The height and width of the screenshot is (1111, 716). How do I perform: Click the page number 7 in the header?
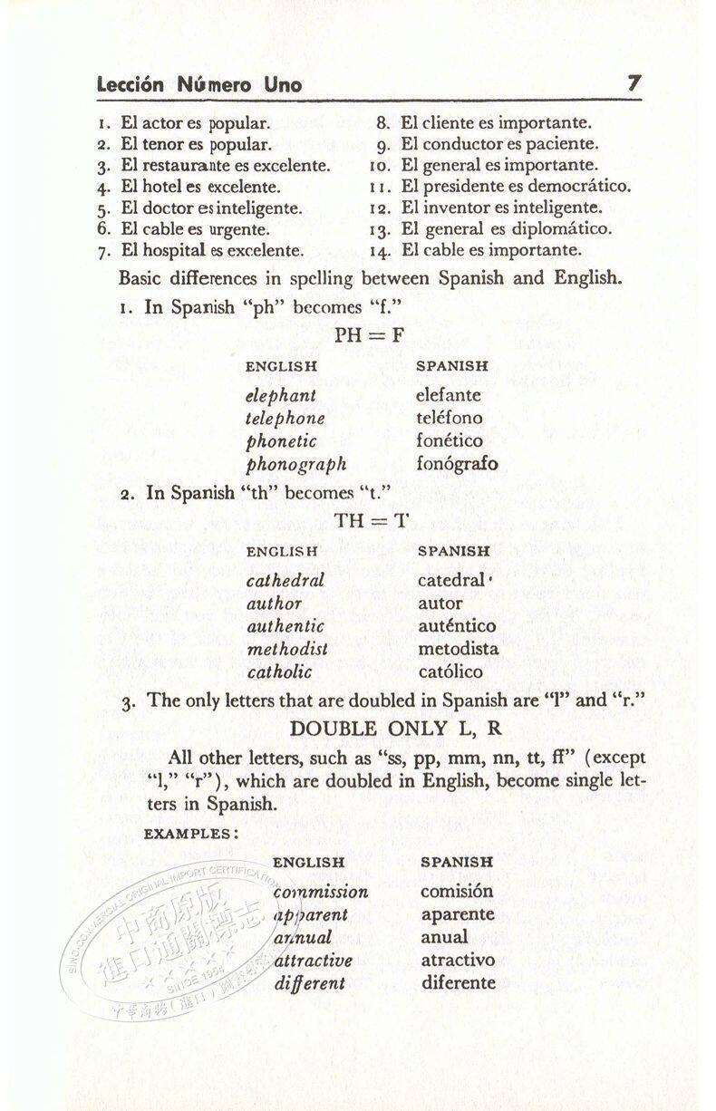pos(634,83)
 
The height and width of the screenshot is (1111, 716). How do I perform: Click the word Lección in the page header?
pos(131,85)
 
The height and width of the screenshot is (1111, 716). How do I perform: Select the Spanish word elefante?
pos(449,395)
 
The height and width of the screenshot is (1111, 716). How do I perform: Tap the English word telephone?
pos(285,419)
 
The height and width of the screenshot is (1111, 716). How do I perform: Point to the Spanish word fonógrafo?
pos(457,464)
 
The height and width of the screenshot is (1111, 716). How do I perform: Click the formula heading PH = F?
pos(370,335)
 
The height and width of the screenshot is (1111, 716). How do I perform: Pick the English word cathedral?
pos(285,580)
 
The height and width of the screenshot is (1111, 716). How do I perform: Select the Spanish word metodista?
pos(459,649)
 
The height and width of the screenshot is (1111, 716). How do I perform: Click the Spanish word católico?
pos(451,671)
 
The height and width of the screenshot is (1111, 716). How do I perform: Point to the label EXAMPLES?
pos(191,834)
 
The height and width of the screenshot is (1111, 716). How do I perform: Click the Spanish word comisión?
pos(457,892)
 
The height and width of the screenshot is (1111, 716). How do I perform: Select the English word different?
pos(310,983)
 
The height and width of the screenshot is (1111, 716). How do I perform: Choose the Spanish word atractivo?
pos(458,960)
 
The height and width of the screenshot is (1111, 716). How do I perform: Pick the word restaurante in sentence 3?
pos(189,166)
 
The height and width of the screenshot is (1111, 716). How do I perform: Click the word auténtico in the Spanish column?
pos(457,626)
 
